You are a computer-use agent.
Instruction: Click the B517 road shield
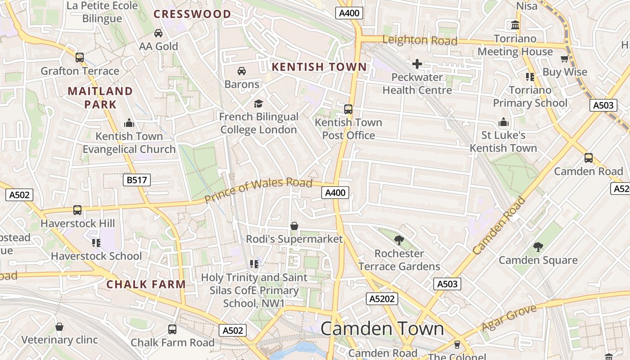coord(136,180)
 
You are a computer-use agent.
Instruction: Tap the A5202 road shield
coord(382,299)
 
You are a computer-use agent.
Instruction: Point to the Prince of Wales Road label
coord(258,190)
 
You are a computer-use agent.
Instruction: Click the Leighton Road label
coord(419,40)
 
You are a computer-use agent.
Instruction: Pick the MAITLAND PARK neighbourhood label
coord(100,98)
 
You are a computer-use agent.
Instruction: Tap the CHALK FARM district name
coord(146,284)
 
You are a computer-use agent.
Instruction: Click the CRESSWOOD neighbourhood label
coord(192,14)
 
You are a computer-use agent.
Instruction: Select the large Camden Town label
coord(382,328)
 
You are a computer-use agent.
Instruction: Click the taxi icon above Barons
coord(242,71)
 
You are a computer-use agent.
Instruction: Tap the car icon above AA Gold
coord(158,33)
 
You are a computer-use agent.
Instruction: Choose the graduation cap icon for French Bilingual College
coord(258,104)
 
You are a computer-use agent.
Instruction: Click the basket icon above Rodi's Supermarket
coord(294,226)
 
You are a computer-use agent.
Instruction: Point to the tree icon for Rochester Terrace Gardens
coord(399,240)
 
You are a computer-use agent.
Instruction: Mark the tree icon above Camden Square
coord(538,247)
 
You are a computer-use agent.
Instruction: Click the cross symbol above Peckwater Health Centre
coord(417,64)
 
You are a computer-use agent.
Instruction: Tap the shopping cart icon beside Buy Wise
coord(564,59)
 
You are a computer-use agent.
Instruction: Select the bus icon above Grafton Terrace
coord(80,58)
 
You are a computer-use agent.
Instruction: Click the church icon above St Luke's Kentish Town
coord(503,122)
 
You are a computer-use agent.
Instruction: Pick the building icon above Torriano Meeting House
coord(515,25)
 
